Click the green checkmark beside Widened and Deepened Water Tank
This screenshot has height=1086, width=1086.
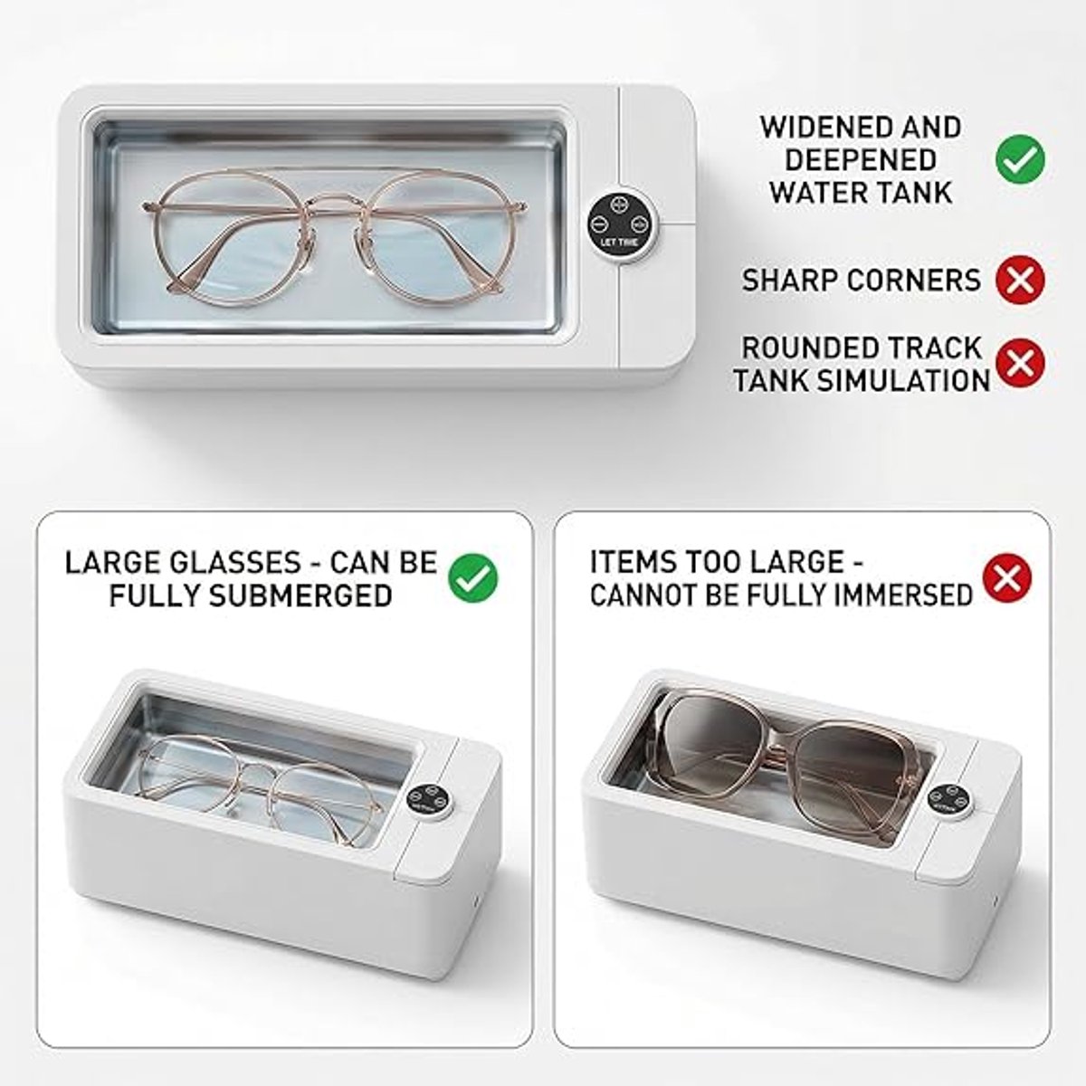pyautogui.click(x=1020, y=159)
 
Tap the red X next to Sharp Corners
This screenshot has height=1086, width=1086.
pyautogui.click(x=1020, y=280)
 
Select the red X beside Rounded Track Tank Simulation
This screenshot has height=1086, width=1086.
pyautogui.click(x=1020, y=362)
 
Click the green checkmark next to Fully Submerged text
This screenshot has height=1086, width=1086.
pyautogui.click(x=472, y=578)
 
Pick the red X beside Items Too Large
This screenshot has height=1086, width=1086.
pyautogui.click(x=1007, y=578)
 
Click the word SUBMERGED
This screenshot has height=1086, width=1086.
pyautogui.click(x=300, y=595)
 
